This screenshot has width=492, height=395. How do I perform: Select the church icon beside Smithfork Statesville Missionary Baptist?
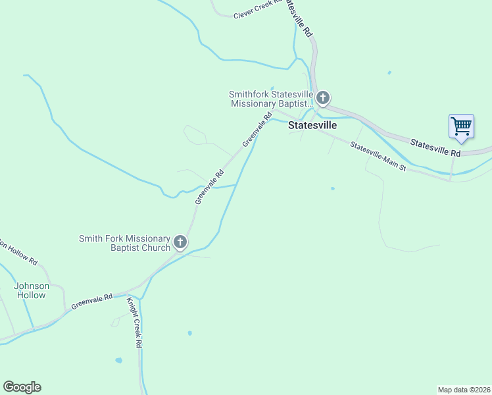click(322, 99)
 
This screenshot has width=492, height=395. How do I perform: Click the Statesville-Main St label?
click(379, 157)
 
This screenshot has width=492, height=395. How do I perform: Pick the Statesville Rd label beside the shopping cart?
click(435, 147)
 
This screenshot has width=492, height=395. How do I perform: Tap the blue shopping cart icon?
click(461, 126)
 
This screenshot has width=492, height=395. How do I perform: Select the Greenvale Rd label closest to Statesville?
click(257, 130)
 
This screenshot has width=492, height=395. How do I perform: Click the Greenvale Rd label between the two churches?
click(210, 186)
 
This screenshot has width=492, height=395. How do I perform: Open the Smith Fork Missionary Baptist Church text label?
click(124, 243)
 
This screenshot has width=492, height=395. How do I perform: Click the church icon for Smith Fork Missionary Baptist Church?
click(180, 243)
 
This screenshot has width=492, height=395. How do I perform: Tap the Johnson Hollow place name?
click(32, 290)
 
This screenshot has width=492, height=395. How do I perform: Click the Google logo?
click(22, 387)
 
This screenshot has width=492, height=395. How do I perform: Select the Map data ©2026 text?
click(464, 389)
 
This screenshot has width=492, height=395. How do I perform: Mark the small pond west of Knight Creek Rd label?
click(118, 361)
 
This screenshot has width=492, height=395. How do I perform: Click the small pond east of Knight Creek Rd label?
click(189, 333)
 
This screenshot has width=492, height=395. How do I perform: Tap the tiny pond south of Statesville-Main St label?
click(332, 189)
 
